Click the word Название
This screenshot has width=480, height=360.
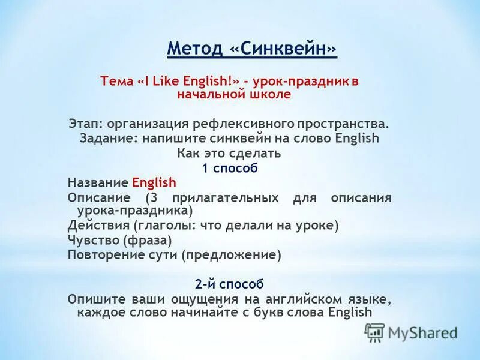point(98,182)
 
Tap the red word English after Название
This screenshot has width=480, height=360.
point(154,182)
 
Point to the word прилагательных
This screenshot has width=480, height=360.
point(225,197)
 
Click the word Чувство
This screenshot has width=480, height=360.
point(94,240)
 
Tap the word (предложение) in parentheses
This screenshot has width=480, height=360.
point(232,255)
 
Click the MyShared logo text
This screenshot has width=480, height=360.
point(422,332)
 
